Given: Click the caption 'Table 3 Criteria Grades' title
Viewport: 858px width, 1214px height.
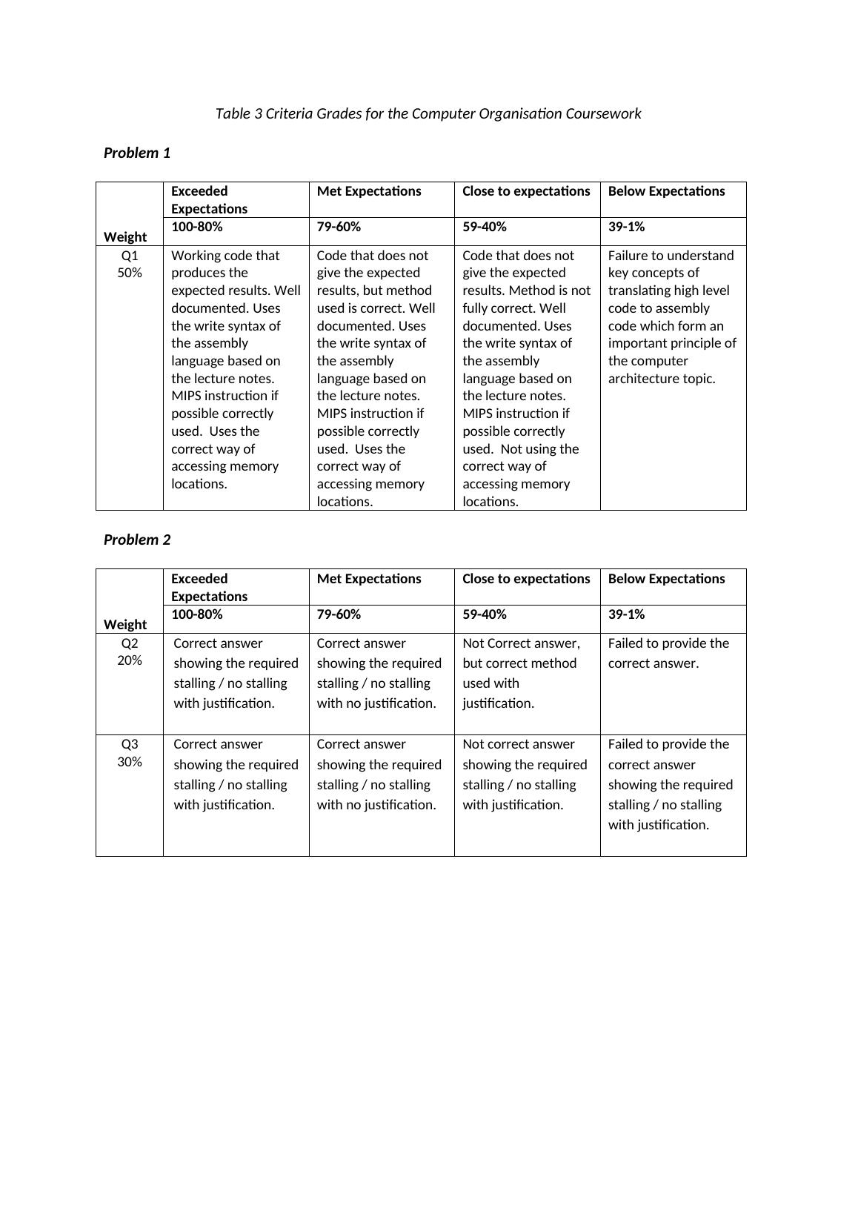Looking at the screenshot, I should coord(428,113).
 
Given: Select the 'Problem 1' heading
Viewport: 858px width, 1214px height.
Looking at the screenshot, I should coord(137,153).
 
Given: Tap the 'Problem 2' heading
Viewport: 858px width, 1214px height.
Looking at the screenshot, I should coord(137,540).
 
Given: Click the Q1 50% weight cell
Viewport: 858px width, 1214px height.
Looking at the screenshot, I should coord(130,264).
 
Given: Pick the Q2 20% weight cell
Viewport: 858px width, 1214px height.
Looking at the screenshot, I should coord(130,651).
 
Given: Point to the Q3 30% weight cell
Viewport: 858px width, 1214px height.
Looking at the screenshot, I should coord(130,753).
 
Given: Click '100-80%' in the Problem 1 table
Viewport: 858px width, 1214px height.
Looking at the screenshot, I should coord(197,227).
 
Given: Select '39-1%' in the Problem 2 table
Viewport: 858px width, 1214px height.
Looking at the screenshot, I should coord(626,614).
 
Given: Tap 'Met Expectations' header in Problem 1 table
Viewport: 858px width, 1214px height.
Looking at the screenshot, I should coord(369,191).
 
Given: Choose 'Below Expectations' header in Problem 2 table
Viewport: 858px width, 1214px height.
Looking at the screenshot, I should coord(666,579).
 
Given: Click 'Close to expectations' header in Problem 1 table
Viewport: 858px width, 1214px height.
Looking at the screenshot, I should coord(526,191).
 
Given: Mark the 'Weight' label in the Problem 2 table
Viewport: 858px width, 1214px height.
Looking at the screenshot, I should coord(125,624).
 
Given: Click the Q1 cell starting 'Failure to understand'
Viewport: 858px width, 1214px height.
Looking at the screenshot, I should coord(672,317).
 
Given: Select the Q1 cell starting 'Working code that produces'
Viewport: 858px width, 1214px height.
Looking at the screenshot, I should coord(236,369).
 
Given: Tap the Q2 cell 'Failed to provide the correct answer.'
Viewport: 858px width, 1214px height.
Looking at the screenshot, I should coord(668,653).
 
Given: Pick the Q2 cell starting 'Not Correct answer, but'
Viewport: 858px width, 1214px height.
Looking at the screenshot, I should coord(521,673).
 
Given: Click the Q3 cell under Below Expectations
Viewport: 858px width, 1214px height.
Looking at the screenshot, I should coord(670,784).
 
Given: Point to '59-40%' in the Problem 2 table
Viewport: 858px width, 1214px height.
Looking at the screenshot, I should coord(485,614).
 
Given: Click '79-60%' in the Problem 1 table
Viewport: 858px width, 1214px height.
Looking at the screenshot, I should coord(339,227).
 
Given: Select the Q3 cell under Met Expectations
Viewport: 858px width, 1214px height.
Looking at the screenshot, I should coord(379,774).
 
